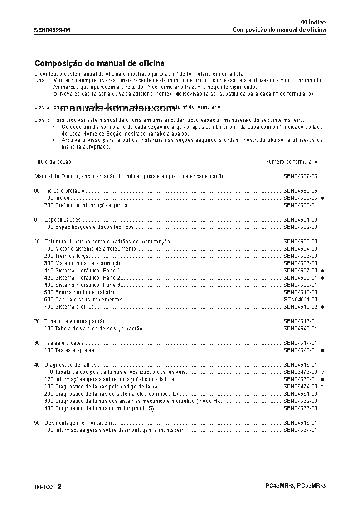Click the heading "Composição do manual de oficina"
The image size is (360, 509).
point(99,63)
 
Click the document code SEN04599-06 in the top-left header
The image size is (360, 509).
point(52,30)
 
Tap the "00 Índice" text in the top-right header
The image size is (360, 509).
point(313,22)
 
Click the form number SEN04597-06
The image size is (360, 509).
point(300,176)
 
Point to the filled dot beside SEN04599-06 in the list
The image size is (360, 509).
point(323,198)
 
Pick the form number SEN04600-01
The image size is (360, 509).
point(300,205)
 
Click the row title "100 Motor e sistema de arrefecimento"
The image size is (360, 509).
point(90,249)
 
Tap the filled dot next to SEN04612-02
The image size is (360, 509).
point(323,307)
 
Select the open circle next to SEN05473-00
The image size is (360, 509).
point(323,372)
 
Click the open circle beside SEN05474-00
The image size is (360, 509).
point(323,387)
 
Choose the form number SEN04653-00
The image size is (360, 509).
point(300,408)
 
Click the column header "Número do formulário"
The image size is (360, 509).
point(291,162)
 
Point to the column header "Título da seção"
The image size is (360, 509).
point(53,162)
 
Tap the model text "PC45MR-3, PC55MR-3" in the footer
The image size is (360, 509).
point(296,485)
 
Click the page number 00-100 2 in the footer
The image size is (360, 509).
point(48,487)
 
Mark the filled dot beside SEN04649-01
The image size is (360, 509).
point(323,350)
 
